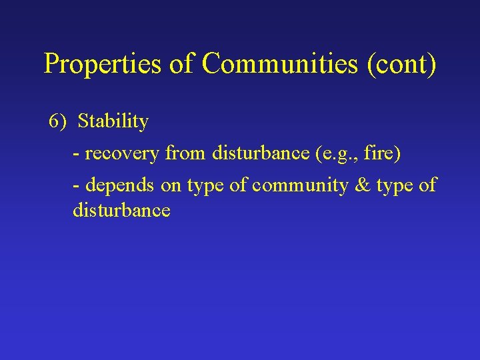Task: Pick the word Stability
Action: (x=113, y=121)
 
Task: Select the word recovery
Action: (x=122, y=154)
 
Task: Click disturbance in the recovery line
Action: (x=260, y=154)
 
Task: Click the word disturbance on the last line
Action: (x=121, y=211)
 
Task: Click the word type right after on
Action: (x=205, y=186)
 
